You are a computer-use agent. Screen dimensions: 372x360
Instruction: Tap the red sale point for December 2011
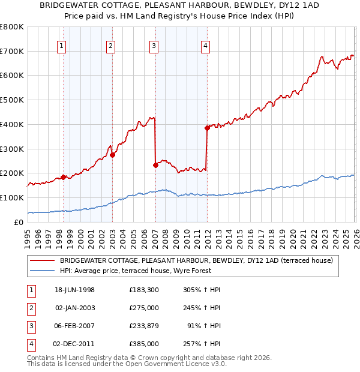(207, 128)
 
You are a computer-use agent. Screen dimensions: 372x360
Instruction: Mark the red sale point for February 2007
(155, 165)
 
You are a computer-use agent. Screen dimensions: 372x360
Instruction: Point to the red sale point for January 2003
(112, 155)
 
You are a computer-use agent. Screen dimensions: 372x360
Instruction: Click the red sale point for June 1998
(64, 177)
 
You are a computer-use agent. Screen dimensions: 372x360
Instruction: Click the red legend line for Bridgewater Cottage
(42, 261)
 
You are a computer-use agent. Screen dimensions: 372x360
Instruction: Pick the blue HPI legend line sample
(42, 271)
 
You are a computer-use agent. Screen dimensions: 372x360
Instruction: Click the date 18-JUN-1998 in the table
(74, 290)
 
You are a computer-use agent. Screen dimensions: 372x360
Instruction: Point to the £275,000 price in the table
(144, 308)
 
